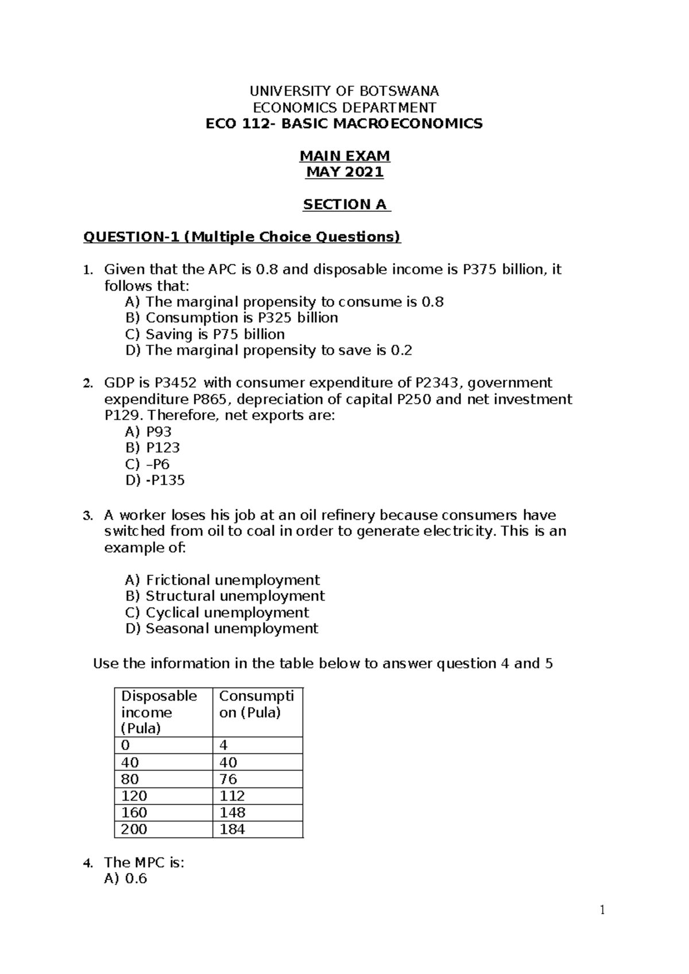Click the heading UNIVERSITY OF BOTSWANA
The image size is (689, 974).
pos(344,91)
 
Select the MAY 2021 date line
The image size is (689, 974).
pos(344,172)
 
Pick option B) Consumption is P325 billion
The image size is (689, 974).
pos(231,318)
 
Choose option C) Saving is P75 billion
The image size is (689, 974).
pos(205,334)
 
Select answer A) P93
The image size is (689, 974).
pos(148,432)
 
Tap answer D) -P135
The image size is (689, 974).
pos(155,480)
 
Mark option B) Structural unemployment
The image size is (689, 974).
pos(225,596)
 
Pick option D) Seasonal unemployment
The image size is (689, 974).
pos(222,629)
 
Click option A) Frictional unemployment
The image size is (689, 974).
pos(222,580)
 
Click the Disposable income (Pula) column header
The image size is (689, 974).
pos(159,712)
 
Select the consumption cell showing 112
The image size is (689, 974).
pos(232,796)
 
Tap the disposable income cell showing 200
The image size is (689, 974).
pos(134,829)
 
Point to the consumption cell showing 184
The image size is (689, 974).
pos(232,829)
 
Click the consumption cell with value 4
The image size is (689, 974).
pos(224,745)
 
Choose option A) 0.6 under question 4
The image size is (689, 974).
pos(136,879)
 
